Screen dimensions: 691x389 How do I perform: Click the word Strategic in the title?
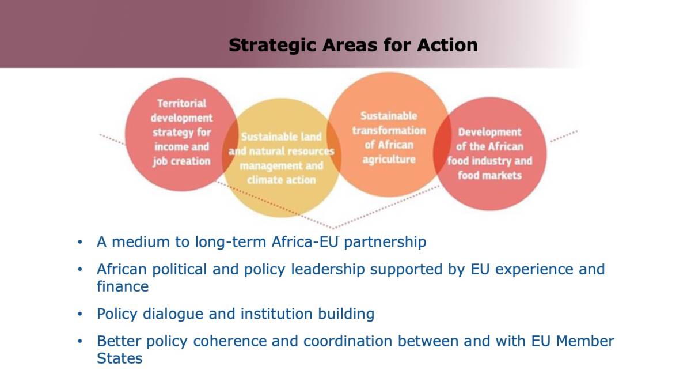click(x=273, y=46)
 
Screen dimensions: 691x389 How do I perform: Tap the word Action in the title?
click(x=447, y=45)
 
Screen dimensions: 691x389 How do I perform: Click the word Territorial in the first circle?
click(x=182, y=103)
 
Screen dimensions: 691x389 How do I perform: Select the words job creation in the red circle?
click(x=182, y=161)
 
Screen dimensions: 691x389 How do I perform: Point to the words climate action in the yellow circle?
click(x=282, y=180)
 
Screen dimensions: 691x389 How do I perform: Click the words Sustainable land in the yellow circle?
click(x=282, y=137)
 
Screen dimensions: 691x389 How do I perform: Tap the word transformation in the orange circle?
click(x=389, y=130)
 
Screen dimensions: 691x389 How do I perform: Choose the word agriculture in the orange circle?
click(x=389, y=160)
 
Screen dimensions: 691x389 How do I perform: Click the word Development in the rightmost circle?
click(x=490, y=133)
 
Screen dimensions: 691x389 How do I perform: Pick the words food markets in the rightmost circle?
click(x=490, y=175)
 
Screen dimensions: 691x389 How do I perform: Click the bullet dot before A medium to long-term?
click(x=80, y=241)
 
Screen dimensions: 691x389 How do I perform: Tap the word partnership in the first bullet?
click(x=385, y=242)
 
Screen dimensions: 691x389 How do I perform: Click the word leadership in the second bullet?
click(x=328, y=270)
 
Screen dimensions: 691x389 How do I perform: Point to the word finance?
click(x=123, y=286)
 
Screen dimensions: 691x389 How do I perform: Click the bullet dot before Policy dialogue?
click(x=80, y=314)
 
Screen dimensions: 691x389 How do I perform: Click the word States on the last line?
click(x=120, y=358)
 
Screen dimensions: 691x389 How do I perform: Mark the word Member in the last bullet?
click(x=585, y=341)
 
